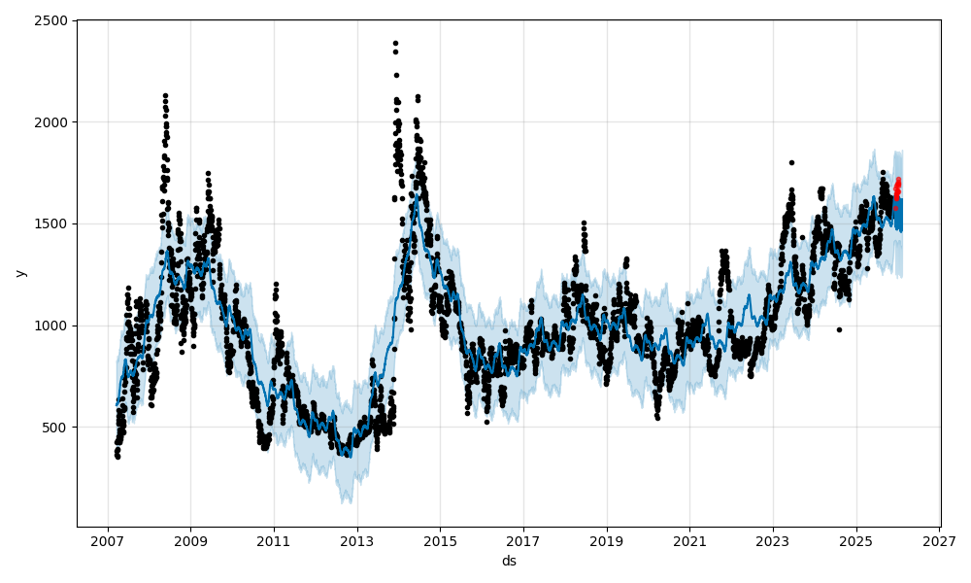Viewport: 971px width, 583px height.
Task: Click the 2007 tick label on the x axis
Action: click(107, 540)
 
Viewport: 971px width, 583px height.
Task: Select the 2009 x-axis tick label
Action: click(190, 540)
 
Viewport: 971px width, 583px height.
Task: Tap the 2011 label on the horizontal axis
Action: click(274, 540)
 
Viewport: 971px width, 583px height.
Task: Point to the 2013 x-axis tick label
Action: click(356, 540)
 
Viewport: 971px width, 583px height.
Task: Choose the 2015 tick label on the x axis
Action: click(440, 540)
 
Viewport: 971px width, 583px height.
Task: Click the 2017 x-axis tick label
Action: click(523, 540)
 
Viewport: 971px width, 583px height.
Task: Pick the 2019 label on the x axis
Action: click(606, 540)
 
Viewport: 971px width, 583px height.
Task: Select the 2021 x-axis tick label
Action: click(689, 540)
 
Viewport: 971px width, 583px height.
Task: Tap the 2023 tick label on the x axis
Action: click(773, 540)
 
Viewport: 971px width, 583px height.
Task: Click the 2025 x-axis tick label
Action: click(855, 540)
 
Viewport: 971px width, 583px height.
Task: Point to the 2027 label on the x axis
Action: click(939, 540)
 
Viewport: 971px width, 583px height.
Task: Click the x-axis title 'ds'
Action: click(509, 561)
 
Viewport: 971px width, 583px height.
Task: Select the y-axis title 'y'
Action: click(20, 273)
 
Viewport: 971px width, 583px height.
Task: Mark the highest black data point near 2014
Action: click(395, 43)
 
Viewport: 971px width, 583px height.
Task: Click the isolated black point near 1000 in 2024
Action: click(839, 329)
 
